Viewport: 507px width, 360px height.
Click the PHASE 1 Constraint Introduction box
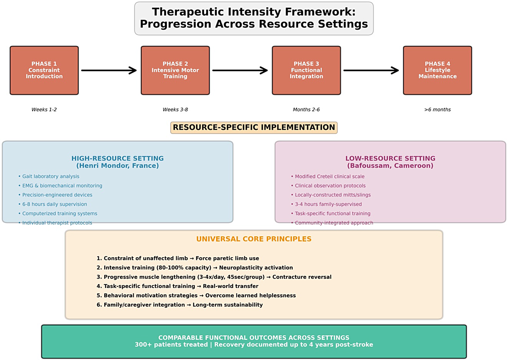click(x=44, y=70)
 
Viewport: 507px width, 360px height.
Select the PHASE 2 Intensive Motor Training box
click(x=175, y=70)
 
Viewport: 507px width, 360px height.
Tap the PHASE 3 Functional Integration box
click(x=306, y=70)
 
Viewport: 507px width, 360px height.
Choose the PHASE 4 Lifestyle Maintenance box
click(x=437, y=70)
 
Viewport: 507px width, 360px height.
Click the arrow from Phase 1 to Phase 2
click(x=109, y=70)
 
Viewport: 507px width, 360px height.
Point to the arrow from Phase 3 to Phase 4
click(x=371, y=70)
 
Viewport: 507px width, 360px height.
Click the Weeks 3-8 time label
click(x=175, y=109)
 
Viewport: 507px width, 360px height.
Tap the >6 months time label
click(x=437, y=109)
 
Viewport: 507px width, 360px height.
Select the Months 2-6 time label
click(x=306, y=109)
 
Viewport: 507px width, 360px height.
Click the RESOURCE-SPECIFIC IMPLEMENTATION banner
click(x=254, y=127)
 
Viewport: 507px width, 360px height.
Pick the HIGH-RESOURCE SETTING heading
click(x=117, y=158)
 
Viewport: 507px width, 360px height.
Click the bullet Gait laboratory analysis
click(x=51, y=176)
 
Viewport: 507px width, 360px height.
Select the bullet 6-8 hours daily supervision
click(x=54, y=204)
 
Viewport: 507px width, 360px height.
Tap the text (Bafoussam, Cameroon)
click(x=390, y=166)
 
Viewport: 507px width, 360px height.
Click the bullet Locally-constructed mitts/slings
click(x=332, y=195)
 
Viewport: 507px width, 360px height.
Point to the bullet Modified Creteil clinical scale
click(x=329, y=176)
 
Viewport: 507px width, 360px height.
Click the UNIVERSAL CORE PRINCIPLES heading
click(x=254, y=239)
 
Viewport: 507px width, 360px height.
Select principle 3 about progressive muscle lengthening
click(x=213, y=277)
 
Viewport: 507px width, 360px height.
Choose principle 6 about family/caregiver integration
click(x=179, y=305)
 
